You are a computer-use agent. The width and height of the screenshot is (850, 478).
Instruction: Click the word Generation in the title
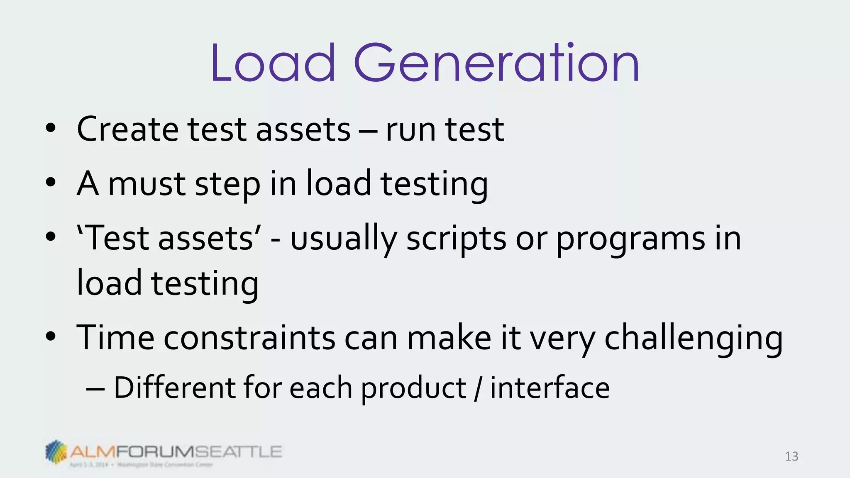click(x=496, y=63)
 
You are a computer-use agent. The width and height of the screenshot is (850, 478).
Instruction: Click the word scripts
click(x=456, y=240)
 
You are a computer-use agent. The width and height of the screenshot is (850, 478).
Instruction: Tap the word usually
click(x=343, y=240)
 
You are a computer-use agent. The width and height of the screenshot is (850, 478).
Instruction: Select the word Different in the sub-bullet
click(x=174, y=388)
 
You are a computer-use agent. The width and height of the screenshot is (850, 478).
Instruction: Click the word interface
click(x=550, y=388)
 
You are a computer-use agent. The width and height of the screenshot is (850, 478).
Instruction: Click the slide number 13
click(x=791, y=456)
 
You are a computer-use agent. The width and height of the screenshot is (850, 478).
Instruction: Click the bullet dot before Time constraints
click(x=51, y=337)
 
